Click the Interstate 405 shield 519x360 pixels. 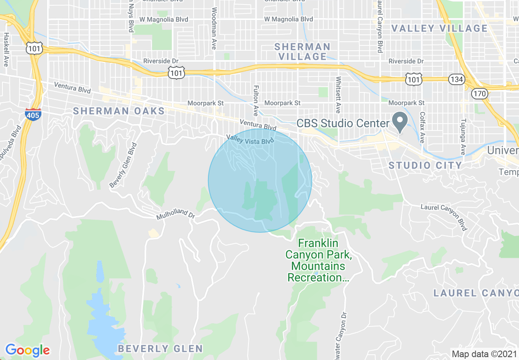(33, 114)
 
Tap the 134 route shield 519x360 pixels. (456, 79)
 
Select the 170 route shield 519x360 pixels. (479, 93)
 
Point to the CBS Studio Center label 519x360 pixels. (343, 123)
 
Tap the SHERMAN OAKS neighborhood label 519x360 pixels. (119, 111)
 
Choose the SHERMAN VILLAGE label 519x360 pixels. (302, 52)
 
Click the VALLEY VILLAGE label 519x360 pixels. (440, 28)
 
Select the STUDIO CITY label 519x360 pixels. (425, 165)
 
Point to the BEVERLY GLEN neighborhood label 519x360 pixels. (160, 349)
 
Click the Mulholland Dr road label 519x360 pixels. (175, 214)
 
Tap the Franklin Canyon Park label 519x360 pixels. (318, 260)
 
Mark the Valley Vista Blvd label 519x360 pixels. (250, 140)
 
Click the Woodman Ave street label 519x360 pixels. (214, 28)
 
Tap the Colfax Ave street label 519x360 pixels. (422, 128)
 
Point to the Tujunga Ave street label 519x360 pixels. (463, 137)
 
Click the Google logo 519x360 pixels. (27, 350)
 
